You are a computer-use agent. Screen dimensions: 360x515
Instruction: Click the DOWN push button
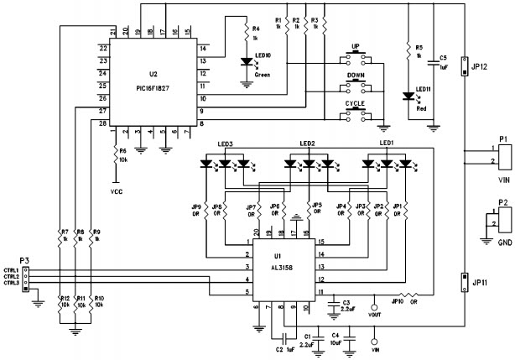pos(356,86)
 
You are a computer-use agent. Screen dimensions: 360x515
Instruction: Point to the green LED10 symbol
pos(246,60)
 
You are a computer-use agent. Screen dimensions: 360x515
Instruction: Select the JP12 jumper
pos(463,67)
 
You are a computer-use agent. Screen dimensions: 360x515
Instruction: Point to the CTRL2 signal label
pos(11,276)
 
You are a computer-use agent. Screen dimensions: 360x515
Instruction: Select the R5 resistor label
pos(407,47)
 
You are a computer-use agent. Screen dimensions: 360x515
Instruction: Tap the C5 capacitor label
pos(443,58)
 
